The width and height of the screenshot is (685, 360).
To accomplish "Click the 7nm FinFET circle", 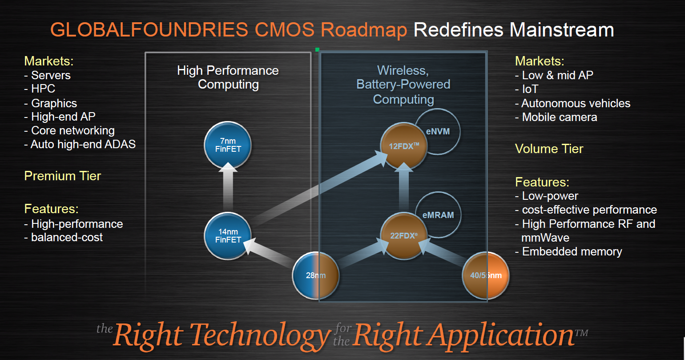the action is pos(228,145).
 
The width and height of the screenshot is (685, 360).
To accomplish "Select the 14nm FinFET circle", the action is pos(228,236).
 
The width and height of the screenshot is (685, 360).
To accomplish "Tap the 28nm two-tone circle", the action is pos(316,275).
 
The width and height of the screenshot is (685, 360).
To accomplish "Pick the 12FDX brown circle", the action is pos(404,146).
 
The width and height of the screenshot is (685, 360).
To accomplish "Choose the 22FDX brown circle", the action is pos(404,236).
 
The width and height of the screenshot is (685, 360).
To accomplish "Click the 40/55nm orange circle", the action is pos(486,275).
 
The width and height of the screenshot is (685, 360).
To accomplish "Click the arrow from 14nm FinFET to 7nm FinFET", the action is pos(228,187).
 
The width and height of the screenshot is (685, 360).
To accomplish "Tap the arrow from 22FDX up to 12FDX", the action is pos(404,187).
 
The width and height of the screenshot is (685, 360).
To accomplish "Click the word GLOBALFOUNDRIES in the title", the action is pos(149,30).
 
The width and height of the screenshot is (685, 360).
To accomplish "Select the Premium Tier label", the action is pos(62,176).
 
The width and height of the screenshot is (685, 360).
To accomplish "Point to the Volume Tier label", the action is pos(549,149).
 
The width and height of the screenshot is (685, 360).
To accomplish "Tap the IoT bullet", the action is pos(527,89).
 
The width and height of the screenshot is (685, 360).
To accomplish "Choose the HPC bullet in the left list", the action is pos(40,89).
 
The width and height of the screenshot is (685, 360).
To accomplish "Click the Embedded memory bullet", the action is pos(569,252).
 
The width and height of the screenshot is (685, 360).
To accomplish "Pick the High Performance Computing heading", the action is pos(228,77).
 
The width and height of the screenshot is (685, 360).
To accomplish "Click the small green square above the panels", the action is pos(318,49).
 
